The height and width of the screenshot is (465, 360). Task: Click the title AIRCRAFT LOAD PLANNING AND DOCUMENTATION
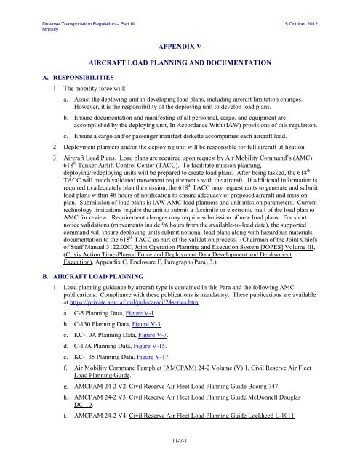(x=179, y=65)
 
